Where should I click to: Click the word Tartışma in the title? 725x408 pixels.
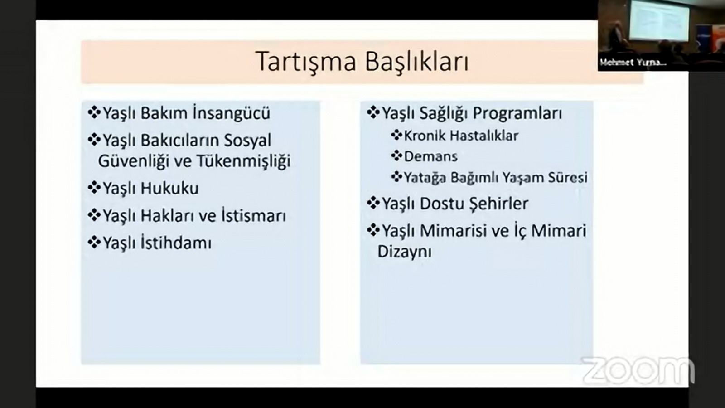(x=306, y=62)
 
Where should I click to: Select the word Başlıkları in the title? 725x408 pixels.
(x=417, y=61)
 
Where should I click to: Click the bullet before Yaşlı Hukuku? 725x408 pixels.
(x=94, y=188)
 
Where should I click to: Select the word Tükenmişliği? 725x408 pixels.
(x=243, y=161)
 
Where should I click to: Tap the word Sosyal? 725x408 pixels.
(x=247, y=141)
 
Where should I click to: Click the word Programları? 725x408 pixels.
(x=517, y=113)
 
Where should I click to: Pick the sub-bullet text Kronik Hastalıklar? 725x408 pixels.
(x=461, y=136)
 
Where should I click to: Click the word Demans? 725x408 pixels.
(x=431, y=156)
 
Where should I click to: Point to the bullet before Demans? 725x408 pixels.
(x=396, y=156)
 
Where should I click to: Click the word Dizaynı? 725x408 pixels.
(x=405, y=252)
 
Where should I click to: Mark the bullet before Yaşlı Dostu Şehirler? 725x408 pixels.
(x=373, y=203)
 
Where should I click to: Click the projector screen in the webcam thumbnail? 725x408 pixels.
(x=660, y=20)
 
